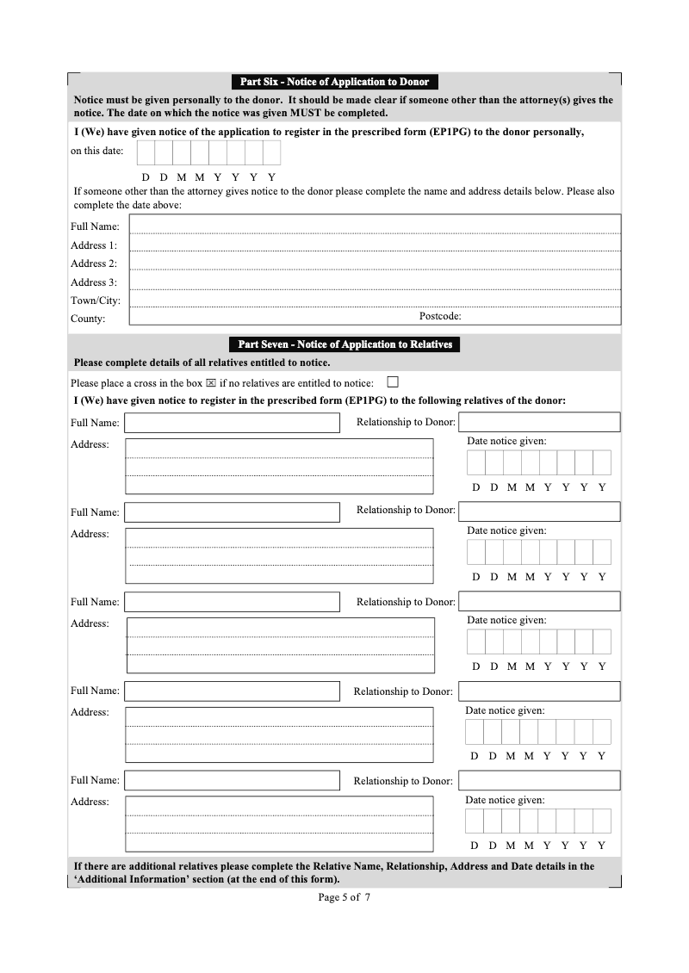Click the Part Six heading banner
[334, 82]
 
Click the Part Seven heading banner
[344, 344]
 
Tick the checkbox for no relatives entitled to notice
[394, 381]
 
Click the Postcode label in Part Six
[440, 316]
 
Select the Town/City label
[96, 301]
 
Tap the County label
[88, 319]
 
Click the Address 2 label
[94, 263]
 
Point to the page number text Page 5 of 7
[344, 897]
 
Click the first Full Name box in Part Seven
[233, 423]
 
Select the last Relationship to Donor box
[539, 780]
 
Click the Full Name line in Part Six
[375, 225]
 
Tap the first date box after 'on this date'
[146, 152]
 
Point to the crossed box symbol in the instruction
[210, 383]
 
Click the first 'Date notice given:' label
[506, 441]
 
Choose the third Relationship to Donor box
[539, 601]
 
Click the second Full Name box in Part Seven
[233, 512]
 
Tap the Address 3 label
[94, 282]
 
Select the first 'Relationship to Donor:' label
[406, 421]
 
